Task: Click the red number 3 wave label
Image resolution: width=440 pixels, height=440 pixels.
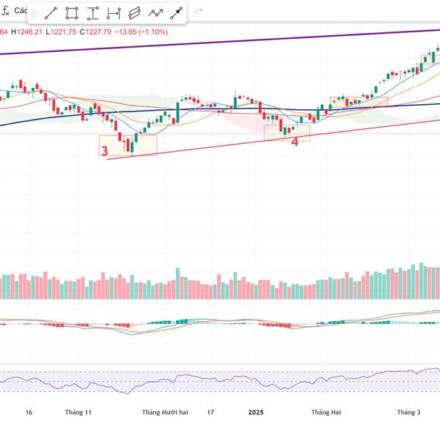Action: pos(105,152)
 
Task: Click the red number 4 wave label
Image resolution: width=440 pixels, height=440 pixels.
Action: pos(295,142)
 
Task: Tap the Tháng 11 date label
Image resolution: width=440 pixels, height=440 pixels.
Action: pos(78,412)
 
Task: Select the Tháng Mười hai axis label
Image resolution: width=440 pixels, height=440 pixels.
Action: pos(165,412)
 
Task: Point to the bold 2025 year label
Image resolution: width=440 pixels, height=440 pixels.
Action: pos(255,412)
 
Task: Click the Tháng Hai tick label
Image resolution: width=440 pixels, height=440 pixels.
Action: pos(326,412)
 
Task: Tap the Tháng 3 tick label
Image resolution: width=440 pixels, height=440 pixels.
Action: pos(408,412)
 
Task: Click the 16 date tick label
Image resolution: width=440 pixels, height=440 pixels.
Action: pos(29,412)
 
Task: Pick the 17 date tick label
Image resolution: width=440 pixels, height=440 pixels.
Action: pos(210,412)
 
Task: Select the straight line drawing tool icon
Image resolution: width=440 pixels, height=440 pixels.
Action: pos(51,13)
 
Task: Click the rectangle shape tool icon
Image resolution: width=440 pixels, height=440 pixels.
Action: pos(72,13)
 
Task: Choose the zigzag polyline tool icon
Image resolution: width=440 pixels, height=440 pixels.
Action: pos(155,13)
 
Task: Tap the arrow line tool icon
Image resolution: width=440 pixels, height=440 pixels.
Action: pos(177,13)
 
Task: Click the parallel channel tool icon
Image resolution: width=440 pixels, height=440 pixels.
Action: pos(134,13)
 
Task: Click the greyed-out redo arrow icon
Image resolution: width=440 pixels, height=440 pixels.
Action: pos(198,12)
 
